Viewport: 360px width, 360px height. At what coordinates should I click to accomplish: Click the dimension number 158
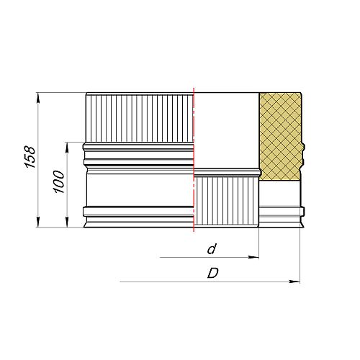coord(30,157)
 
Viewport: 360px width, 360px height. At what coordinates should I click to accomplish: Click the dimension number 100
coord(59,181)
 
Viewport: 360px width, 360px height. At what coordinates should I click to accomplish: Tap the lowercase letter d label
coord(212,249)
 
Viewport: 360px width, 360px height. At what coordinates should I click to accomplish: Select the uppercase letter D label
coord(213,273)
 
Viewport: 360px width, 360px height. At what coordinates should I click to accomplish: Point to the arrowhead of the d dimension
coord(253,257)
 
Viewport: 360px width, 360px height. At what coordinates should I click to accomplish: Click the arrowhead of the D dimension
coord(294,282)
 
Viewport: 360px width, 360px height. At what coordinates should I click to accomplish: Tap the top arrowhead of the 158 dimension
coord(38,98)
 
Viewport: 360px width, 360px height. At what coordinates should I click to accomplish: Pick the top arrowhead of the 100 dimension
coord(67,148)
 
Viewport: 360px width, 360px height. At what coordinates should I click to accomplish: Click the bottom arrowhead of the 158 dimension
coord(38,222)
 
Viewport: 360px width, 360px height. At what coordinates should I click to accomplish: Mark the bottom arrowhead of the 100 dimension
coord(67,222)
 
